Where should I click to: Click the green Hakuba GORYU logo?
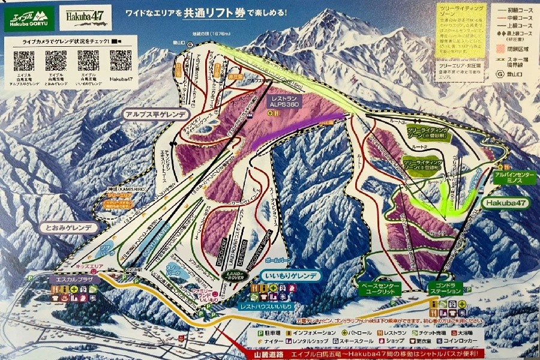click(28, 20)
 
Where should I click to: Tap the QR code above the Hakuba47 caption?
click(121, 61)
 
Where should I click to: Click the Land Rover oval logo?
click(235, 275)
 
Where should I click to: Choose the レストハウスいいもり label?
click(274, 306)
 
